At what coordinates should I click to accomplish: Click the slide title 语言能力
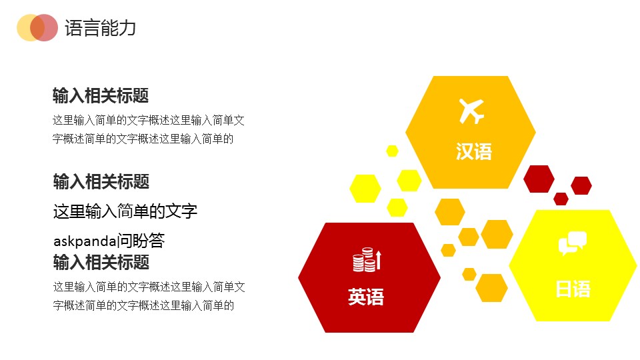(101, 28)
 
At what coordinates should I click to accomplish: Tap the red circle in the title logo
(44, 28)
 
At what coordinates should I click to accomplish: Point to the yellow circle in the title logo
(29, 28)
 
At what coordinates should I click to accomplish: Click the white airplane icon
(471, 111)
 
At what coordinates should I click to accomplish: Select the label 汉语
(474, 152)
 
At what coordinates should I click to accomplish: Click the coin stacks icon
(364, 259)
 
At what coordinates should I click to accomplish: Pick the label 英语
(366, 297)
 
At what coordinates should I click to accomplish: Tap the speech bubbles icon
(573, 243)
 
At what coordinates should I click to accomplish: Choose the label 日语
(573, 289)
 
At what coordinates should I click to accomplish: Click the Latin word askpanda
(85, 241)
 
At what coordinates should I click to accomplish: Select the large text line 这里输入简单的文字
(125, 211)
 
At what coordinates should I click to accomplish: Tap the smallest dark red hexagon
(561, 199)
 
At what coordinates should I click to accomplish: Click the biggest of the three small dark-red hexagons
(539, 179)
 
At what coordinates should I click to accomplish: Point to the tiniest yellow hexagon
(392, 151)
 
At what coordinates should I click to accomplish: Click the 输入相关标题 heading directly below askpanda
(101, 262)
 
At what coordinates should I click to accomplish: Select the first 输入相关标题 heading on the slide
(101, 96)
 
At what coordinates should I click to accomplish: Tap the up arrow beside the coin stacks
(379, 260)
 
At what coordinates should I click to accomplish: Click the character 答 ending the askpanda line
(157, 241)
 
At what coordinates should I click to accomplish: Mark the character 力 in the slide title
(128, 28)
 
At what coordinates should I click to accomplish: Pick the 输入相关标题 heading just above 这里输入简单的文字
(101, 181)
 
